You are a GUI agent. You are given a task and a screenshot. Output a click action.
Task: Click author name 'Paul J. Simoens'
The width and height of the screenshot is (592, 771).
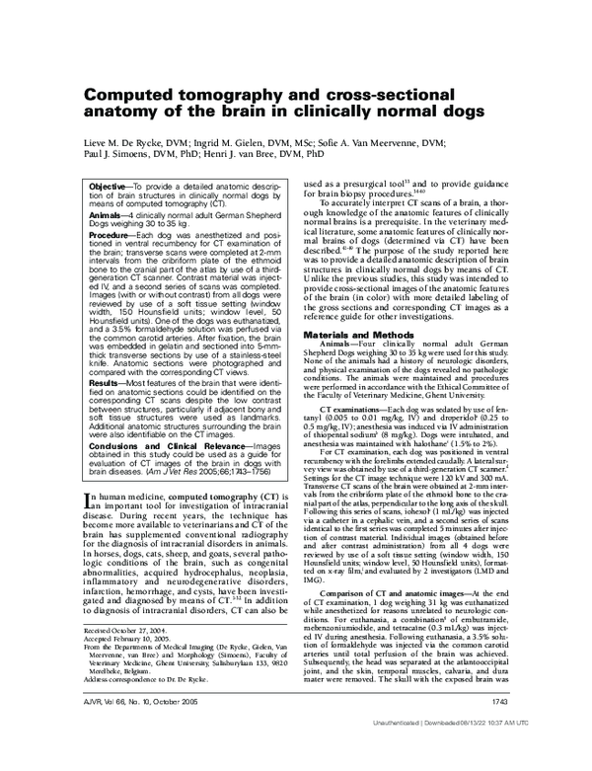click(119, 156)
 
